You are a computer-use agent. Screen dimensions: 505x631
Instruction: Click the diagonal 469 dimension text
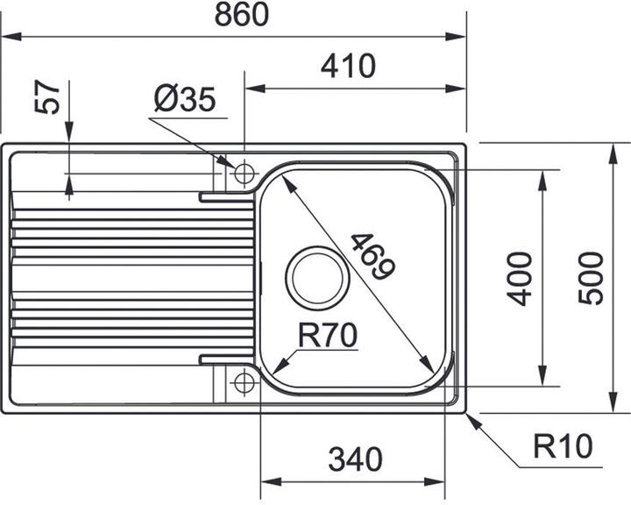click(368, 257)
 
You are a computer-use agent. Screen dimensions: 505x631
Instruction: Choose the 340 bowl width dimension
click(356, 459)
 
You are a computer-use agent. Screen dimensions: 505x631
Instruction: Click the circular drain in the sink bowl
click(317, 274)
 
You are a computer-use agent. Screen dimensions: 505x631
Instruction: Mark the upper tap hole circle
click(243, 172)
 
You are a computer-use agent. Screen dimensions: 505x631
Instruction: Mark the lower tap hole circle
click(243, 382)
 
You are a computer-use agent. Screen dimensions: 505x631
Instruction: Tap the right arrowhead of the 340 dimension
click(446, 481)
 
